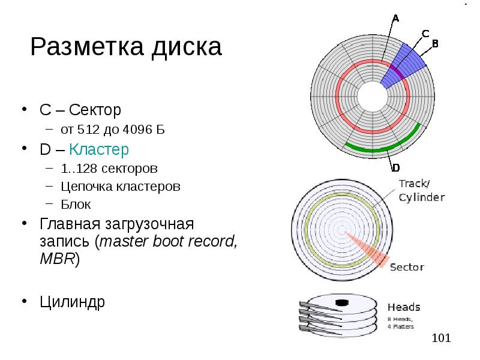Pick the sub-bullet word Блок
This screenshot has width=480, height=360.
pyautogui.click(x=76, y=205)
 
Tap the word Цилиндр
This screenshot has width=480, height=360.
pyautogui.click(x=72, y=301)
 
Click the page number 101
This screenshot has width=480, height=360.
pyautogui.click(x=441, y=339)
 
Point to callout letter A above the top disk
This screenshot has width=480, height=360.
pyautogui.click(x=395, y=18)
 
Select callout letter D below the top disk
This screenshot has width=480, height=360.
pyautogui.click(x=395, y=168)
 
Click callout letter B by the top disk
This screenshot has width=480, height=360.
pyautogui.click(x=436, y=44)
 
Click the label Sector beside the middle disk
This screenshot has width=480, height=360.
pyautogui.click(x=407, y=267)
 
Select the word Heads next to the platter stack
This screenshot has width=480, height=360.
pyautogui.click(x=404, y=307)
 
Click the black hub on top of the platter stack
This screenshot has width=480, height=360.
pyautogui.click(x=343, y=302)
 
